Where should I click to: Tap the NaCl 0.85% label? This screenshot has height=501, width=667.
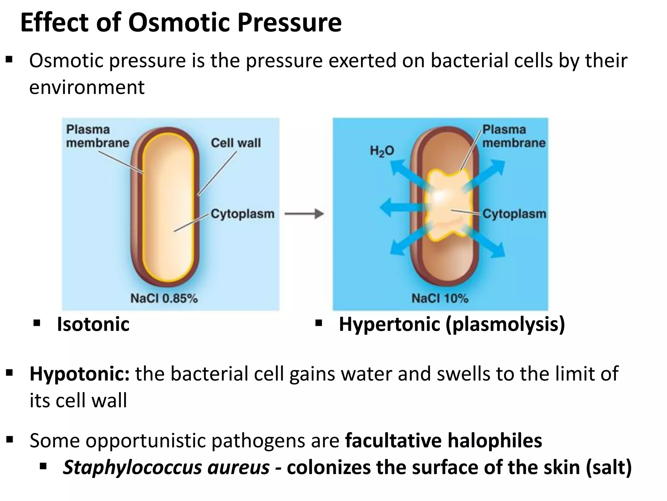[x=164, y=298]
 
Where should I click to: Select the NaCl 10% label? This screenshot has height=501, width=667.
[x=440, y=298]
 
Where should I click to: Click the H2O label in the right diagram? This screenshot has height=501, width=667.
[x=382, y=151]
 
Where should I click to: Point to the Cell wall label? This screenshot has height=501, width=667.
[x=236, y=143]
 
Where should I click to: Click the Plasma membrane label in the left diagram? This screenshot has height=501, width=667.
[x=97, y=136]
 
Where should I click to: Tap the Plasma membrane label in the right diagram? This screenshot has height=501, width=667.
[x=513, y=136]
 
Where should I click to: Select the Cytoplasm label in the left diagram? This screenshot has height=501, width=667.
[x=242, y=214]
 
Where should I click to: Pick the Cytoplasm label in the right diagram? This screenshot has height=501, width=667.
[x=514, y=214]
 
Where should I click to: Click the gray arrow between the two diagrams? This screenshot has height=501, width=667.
[x=304, y=214]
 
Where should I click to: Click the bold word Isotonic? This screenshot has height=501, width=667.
[x=93, y=324]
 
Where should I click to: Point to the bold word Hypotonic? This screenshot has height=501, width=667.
[x=79, y=374]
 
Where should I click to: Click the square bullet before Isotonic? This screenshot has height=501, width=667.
[x=37, y=324]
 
